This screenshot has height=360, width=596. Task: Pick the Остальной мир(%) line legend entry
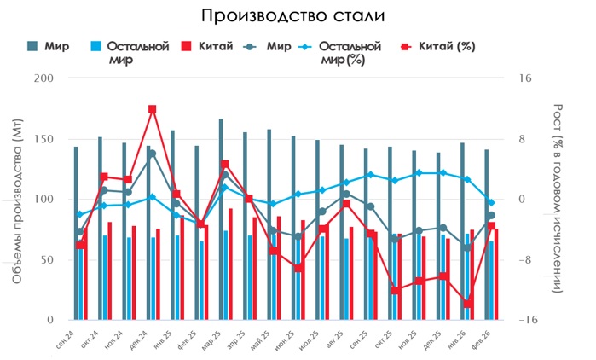[341, 53]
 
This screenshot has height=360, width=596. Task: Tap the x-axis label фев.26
[482, 338]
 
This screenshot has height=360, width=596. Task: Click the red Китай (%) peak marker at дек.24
[153, 109]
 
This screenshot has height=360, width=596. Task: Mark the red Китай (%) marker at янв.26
[468, 304]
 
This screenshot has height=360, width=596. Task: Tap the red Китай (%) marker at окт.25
[396, 291]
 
